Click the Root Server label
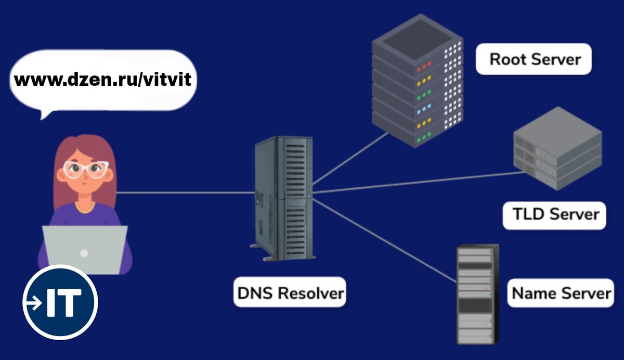coord(534,59)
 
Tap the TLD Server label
coord(554,215)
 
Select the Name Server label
coord(561,293)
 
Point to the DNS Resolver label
coord(290,292)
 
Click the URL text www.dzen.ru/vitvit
coord(103,80)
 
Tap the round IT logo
coord(60,302)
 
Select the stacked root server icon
coord(417,81)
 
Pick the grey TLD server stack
coord(557,148)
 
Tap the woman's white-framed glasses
coord(85,169)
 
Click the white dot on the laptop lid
coord(84,253)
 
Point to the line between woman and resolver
coord(186,192)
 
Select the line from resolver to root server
coord(350,158)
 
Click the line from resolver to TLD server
coord(419,183)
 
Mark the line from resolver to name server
coord(384,240)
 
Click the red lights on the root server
coord(424,67)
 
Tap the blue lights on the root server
coord(424,109)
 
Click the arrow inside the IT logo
coord(34,303)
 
